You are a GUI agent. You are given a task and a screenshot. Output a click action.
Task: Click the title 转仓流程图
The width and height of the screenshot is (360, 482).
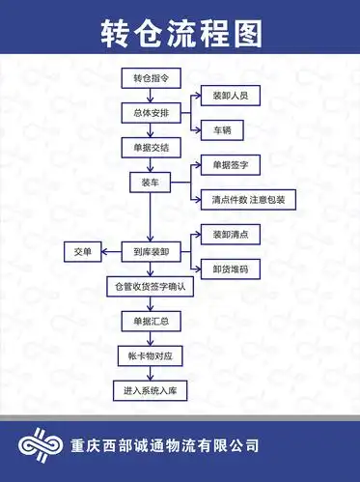180,34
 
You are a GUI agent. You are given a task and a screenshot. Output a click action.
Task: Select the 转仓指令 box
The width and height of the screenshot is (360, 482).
150,77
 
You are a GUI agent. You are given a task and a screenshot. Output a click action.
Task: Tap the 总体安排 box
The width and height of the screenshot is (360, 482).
150,112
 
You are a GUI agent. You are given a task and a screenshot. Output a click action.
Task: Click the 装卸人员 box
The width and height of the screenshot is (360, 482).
224,96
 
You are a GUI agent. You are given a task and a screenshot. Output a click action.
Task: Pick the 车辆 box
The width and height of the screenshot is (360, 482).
224,128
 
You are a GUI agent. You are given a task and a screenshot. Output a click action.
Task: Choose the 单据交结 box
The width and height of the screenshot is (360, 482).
150,147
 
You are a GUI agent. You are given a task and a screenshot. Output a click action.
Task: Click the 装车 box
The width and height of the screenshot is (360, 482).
150,182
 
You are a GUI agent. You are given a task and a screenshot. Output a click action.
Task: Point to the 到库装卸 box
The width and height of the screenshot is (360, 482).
150,251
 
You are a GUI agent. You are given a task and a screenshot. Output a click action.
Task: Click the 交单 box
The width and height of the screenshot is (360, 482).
83,251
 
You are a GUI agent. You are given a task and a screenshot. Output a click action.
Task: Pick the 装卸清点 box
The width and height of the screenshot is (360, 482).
224,234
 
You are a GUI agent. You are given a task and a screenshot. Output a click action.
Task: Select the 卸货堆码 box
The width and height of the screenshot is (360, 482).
224,269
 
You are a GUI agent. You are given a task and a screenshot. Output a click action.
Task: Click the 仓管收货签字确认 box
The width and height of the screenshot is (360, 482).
150,287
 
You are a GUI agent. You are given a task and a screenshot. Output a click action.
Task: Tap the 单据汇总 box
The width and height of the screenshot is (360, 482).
150,321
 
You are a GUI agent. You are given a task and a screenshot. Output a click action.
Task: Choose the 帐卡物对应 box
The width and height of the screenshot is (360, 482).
150,355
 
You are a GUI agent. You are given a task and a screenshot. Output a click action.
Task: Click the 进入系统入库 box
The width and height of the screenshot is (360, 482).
150,390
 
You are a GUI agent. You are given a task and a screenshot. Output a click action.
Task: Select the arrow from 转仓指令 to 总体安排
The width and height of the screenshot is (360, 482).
150,95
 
